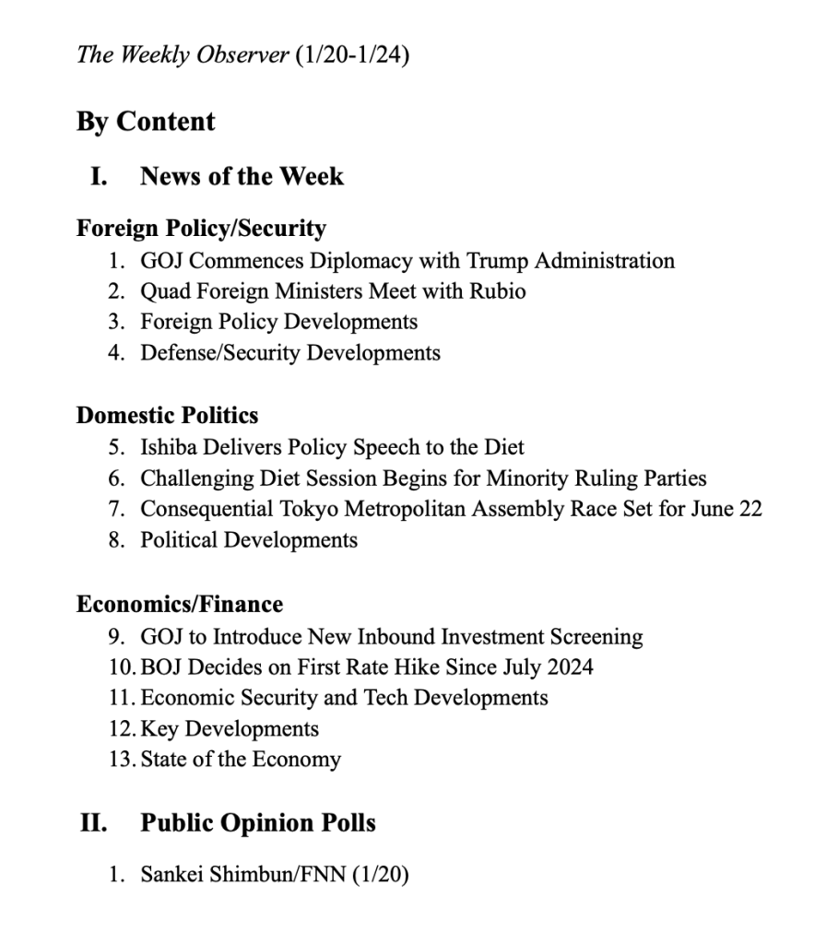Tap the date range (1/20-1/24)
point(350,55)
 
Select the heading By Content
point(146,122)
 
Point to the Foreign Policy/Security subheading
point(201,228)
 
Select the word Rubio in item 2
point(496,291)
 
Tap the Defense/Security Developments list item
point(289,352)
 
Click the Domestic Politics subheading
point(167,415)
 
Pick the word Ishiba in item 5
point(166,448)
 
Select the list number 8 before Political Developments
point(114,539)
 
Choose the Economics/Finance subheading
point(179,604)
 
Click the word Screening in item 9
point(596,636)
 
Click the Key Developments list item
point(229,728)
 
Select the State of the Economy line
point(240,760)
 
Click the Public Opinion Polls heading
point(257,822)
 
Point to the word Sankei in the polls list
point(171,873)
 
